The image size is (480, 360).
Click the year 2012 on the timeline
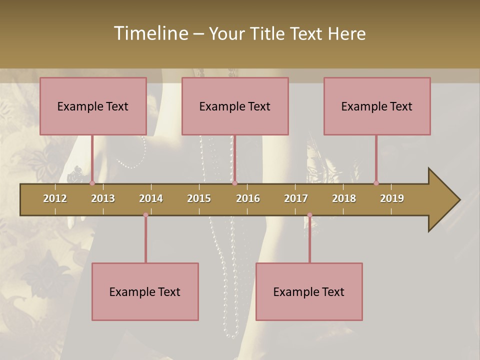55,198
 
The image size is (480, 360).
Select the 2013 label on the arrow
103,198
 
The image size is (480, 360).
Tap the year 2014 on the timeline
151,198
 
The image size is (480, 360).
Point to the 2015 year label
199,198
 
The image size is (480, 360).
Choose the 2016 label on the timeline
248,198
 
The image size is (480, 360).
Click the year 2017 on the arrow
296,198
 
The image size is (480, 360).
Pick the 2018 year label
344,198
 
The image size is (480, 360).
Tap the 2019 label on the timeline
392,198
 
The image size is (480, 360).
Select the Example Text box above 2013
93,106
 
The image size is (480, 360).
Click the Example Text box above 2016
235,106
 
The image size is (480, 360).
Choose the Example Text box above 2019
377,106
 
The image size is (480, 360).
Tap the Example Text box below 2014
145,292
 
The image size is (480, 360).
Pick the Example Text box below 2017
309,292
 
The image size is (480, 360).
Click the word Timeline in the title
150,33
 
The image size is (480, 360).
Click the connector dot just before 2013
92,183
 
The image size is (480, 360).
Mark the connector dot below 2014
145,215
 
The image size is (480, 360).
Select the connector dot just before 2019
376,183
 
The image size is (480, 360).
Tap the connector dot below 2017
309,215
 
